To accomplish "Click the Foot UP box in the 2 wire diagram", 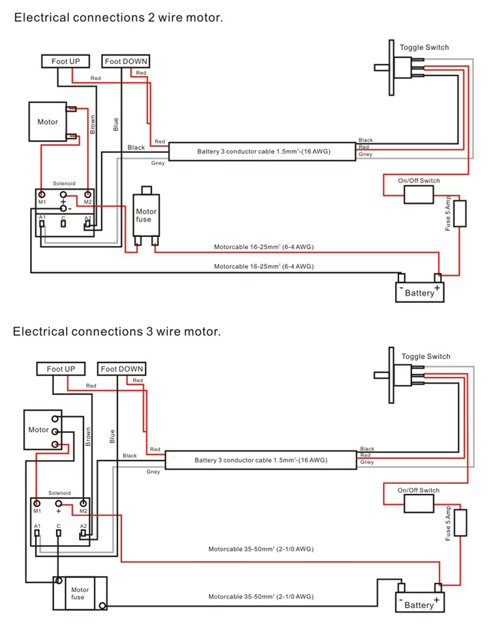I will click(65, 61).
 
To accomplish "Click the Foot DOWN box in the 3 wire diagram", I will click(122, 368).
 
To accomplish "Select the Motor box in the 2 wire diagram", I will click(47, 121).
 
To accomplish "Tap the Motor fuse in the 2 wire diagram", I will click(146, 215).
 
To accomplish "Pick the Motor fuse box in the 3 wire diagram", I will click(80, 593).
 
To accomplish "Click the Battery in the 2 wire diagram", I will click(419, 292).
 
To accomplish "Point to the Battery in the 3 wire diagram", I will click(419, 604).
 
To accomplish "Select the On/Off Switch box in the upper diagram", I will click(419, 194).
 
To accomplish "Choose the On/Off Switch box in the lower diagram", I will click(419, 503).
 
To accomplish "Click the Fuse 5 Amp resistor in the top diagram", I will click(460, 214).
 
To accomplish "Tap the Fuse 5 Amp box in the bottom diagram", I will click(460, 523).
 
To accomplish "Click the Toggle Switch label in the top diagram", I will click(425, 47).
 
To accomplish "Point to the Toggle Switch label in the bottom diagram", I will click(426, 356).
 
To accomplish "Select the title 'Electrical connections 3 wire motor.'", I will click(117, 331).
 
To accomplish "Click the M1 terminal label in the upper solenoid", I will click(41, 202).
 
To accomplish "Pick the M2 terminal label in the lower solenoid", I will click(83, 511).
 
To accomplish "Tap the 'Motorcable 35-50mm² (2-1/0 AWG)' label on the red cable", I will click(260, 549).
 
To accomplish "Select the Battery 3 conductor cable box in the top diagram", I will click(262, 151).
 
